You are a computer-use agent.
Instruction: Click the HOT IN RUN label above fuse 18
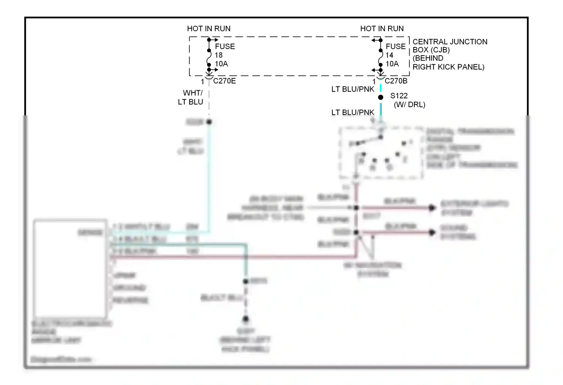point(209,29)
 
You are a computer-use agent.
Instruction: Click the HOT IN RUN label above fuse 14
point(382,29)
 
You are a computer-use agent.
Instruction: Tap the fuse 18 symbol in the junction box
point(209,57)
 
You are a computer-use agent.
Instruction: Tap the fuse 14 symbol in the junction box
point(380,57)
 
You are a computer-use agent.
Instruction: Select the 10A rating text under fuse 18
point(221,64)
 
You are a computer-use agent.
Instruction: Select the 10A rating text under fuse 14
point(392,64)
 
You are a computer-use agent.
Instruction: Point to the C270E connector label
point(224,81)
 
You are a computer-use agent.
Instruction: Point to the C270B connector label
point(396,81)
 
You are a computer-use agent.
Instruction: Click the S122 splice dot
point(381,97)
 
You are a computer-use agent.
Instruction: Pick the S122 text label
point(399,96)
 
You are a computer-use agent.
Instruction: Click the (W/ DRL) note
point(409,105)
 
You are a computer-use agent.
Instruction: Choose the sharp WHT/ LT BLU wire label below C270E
point(191,97)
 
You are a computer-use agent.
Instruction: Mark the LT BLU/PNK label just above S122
point(352,89)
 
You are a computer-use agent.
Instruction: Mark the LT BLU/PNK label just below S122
point(352,112)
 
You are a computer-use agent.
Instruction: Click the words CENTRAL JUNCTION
point(450,42)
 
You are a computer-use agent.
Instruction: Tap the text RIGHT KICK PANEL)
point(449,67)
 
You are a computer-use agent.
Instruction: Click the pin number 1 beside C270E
point(202,82)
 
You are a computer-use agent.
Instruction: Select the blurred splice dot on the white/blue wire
point(209,122)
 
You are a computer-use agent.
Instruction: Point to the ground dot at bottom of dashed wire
point(245,319)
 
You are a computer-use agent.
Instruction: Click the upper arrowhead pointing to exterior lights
point(432,208)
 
